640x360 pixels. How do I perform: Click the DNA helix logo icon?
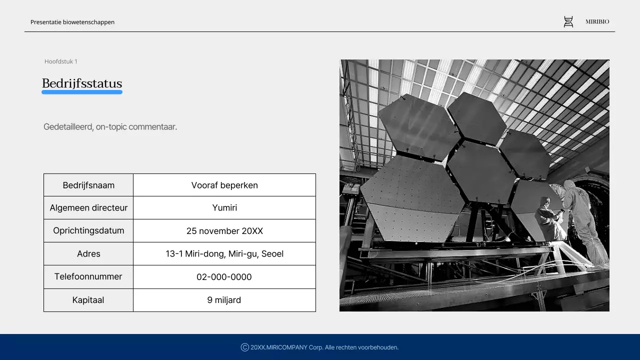tap(568, 21)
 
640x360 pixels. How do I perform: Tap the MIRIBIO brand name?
tap(597, 21)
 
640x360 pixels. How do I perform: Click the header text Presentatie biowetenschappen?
tap(72, 22)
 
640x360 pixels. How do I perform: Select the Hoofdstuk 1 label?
tap(61, 61)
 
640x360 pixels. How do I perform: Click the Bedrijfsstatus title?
tap(82, 83)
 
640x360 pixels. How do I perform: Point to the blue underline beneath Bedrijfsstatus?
tap(82, 92)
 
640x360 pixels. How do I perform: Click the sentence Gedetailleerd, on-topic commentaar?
tap(110, 127)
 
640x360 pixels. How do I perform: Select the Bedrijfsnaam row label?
tap(88, 185)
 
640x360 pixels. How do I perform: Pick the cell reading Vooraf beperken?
tap(224, 185)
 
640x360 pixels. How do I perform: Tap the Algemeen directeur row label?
tap(88, 207)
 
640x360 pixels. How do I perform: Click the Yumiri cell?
tap(224, 207)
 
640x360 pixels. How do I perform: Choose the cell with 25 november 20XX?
tap(224, 231)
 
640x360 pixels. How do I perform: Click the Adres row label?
tap(88, 253)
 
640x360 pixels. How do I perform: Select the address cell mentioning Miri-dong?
tap(224, 253)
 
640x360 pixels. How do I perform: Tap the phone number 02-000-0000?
tap(224, 277)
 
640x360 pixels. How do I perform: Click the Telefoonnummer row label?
tap(88, 276)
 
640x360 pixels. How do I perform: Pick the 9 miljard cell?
tap(224, 300)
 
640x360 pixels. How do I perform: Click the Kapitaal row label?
tap(88, 300)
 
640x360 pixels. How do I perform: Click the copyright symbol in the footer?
tap(245, 347)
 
